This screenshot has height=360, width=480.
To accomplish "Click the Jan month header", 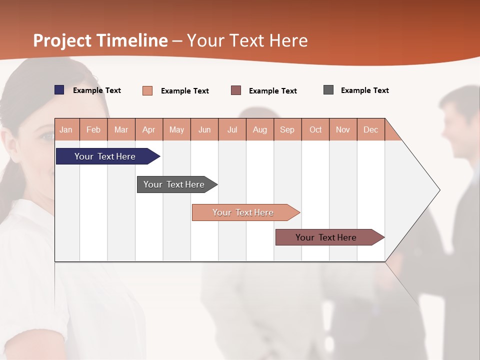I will click(x=66, y=129).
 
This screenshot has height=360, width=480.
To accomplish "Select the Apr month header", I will click(x=148, y=129).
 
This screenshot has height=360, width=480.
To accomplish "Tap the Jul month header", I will click(x=232, y=129).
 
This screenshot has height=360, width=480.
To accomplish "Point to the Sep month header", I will click(x=287, y=129).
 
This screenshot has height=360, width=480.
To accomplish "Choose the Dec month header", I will click(x=370, y=129).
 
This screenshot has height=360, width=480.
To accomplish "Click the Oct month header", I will click(x=315, y=129).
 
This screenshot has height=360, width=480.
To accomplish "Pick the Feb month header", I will click(x=93, y=129).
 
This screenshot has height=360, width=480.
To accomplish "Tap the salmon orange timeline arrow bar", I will click(x=243, y=212).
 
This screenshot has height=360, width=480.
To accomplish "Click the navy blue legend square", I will click(x=59, y=90).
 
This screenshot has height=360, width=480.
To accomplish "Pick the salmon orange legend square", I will click(x=147, y=90).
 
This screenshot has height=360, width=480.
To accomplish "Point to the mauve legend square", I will click(x=236, y=90).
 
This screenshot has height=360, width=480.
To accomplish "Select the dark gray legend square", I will click(x=328, y=90).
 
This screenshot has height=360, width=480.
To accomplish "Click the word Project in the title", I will click(x=62, y=40).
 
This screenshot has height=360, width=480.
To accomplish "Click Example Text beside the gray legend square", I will click(x=364, y=90).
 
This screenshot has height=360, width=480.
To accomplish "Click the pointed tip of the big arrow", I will click(x=439, y=190).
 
